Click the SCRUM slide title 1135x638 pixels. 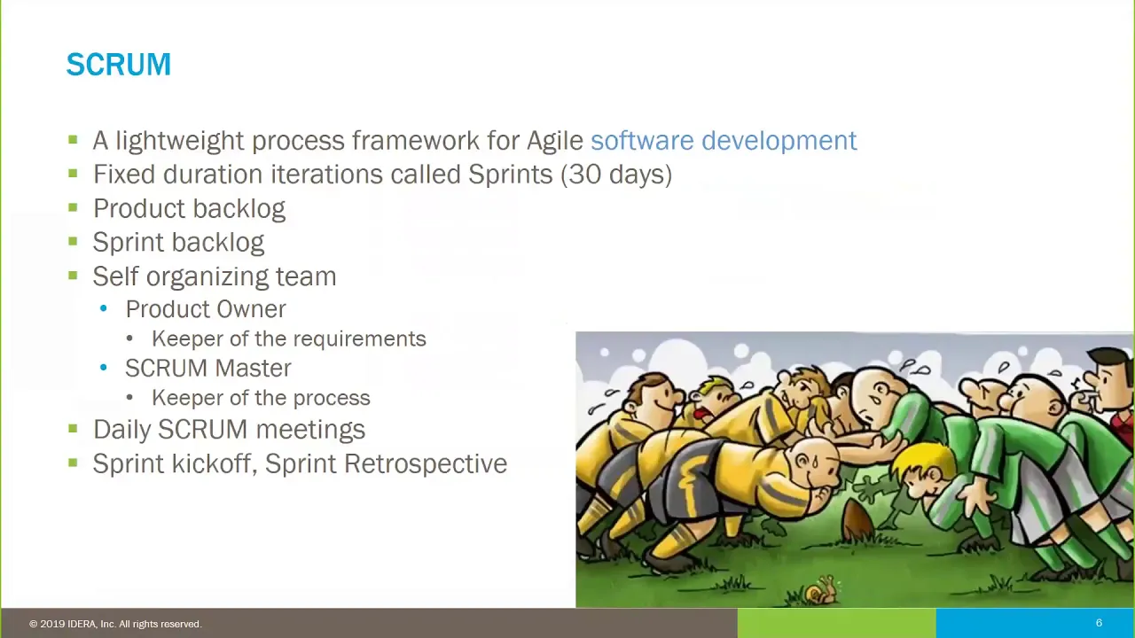pos(119,65)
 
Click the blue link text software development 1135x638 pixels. pos(724,140)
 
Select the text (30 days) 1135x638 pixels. pos(616,175)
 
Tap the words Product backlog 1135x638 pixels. pos(189,208)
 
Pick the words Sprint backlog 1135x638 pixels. pos(178,243)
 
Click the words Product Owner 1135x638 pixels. pos(206,309)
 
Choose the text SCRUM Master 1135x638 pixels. pos(208,368)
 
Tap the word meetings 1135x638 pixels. pos(310,430)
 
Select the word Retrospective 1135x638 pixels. pos(426,463)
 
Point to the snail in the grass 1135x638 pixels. pos(821,590)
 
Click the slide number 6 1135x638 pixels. pos(1099,623)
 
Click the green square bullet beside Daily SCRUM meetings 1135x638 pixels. pos(73,429)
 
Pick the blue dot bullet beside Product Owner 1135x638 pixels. pos(104,308)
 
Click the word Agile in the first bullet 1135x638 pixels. pos(555,141)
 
